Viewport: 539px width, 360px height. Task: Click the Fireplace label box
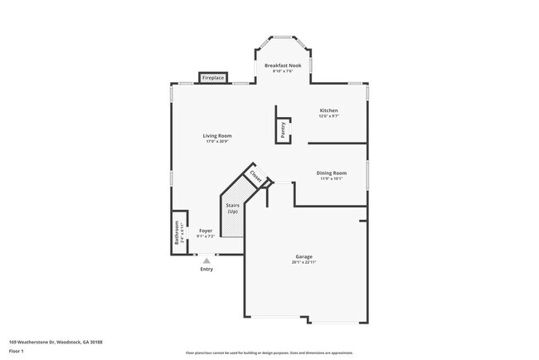[213, 79]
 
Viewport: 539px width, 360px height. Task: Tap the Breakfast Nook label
[281, 65]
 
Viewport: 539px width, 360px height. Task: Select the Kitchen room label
[328, 110]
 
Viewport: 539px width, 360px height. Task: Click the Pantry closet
[283, 129]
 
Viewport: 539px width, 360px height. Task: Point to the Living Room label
[217, 136]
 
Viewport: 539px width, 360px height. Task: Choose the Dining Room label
[331, 173]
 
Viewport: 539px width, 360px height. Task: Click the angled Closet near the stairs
[256, 177]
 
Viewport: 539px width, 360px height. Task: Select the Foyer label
[205, 231]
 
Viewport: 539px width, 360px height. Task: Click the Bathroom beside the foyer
[177, 231]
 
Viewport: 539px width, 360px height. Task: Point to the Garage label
[303, 256]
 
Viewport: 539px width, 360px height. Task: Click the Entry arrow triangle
[206, 260]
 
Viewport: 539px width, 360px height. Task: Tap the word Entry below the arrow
[206, 269]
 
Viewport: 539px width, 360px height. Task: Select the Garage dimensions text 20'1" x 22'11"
[303, 262]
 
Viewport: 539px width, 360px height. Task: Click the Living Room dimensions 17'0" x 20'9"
[217, 142]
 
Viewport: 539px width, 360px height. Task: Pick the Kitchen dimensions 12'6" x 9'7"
[328, 116]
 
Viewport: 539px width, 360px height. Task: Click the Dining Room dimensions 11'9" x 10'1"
[331, 179]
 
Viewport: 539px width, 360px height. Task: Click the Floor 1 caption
[17, 350]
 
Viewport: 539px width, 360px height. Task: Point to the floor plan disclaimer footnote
[269, 352]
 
